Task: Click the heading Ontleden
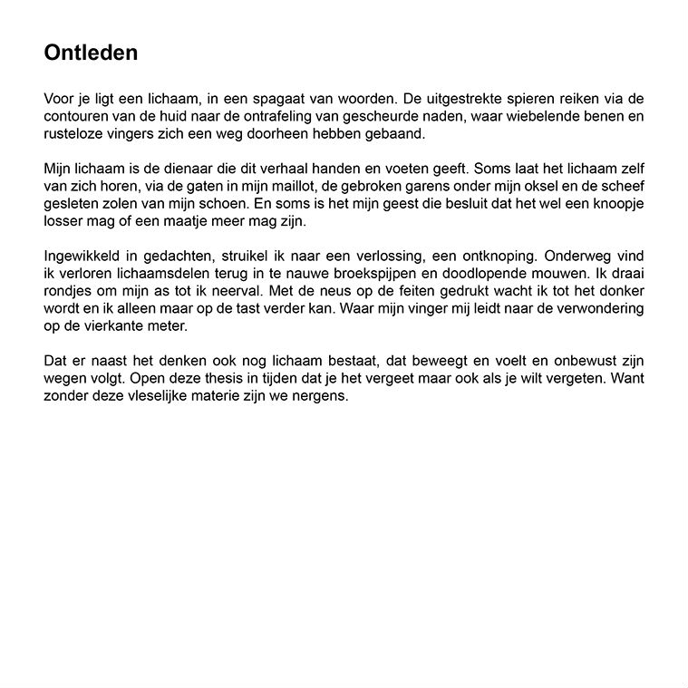click(x=91, y=53)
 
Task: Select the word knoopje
click(x=615, y=204)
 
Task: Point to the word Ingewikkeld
click(x=81, y=257)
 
